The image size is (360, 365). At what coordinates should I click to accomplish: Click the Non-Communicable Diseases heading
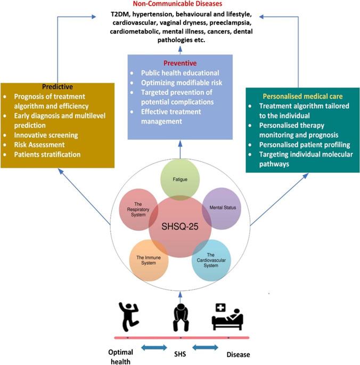click(x=180, y=4)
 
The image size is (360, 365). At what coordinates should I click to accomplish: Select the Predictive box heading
click(x=58, y=86)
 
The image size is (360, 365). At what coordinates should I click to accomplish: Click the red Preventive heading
click(x=179, y=62)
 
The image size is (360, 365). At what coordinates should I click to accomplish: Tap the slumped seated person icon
click(x=180, y=315)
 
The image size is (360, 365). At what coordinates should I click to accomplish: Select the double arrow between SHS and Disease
click(x=205, y=347)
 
